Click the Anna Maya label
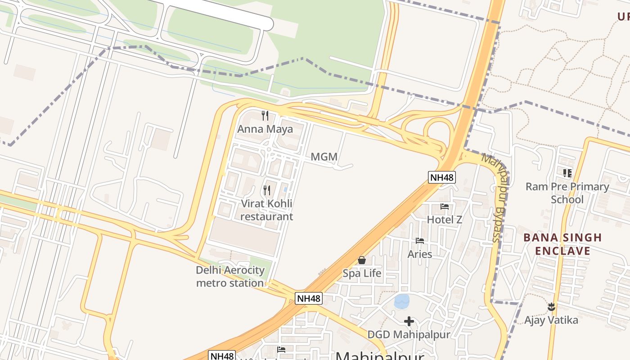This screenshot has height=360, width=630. click(x=265, y=129)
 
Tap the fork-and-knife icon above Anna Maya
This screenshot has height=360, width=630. click(x=265, y=116)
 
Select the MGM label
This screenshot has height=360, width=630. click(x=324, y=157)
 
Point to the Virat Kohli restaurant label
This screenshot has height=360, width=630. click(x=266, y=210)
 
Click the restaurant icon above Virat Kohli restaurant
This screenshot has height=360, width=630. click(x=267, y=190)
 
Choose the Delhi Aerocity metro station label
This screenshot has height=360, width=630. click(x=230, y=276)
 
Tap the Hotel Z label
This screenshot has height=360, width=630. click(x=445, y=220)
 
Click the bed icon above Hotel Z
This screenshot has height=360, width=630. click(x=445, y=207)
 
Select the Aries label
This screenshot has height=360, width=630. click(x=420, y=254)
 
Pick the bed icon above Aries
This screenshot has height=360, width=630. click(x=420, y=241)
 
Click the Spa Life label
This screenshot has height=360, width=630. click(x=362, y=273)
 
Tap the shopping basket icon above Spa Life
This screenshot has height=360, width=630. click(x=362, y=260)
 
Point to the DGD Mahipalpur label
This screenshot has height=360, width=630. click(x=409, y=335)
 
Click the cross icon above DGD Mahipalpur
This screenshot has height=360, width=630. click(x=409, y=321)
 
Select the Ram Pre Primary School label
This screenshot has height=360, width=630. click(x=567, y=193)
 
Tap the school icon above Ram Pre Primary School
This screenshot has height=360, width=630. click(x=567, y=173)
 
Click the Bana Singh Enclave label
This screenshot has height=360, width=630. click(x=562, y=244)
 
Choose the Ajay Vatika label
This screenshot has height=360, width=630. click(x=551, y=320)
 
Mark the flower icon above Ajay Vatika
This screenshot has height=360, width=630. click(x=551, y=307)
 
